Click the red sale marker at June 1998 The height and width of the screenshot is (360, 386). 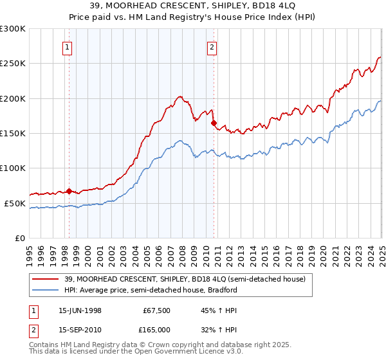click(x=69, y=191)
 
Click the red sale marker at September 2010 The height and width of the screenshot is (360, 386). click(x=214, y=123)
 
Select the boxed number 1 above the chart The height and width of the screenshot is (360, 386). click(x=68, y=46)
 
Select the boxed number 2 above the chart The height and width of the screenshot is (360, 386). click(x=212, y=46)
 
